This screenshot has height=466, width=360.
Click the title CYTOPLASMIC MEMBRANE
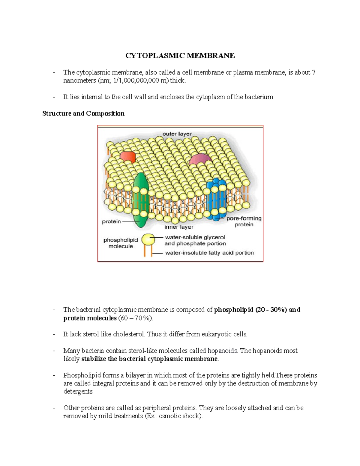(180, 56)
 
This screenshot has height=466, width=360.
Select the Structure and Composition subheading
(83, 113)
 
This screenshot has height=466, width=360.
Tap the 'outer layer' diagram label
(177, 134)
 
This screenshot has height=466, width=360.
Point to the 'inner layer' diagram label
(179, 227)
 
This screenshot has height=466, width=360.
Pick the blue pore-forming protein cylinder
(217, 200)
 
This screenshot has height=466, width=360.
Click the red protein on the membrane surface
(128, 157)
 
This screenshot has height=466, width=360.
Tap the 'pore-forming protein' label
(244, 221)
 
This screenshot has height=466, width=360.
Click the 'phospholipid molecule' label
(121, 243)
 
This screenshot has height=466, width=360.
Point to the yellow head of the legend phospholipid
(148, 240)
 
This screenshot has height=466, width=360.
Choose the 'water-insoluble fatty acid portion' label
(209, 253)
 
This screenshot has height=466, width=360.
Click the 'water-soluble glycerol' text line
(195, 237)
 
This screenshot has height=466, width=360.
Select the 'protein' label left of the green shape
(111, 222)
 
